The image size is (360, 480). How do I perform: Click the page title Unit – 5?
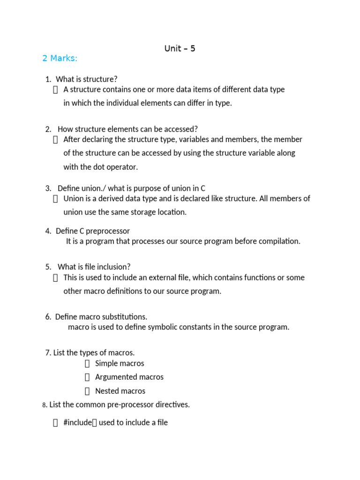click(180, 48)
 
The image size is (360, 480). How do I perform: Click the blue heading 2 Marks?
click(60, 58)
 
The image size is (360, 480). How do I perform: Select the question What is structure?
click(87, 79)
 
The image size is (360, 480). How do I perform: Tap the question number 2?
click(48, 129)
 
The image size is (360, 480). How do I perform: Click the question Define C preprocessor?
click(93, 231)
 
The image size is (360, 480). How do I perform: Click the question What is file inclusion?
click(94, 267)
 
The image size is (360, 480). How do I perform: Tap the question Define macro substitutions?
click(101, 317)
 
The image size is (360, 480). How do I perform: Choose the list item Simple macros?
click(120, 363)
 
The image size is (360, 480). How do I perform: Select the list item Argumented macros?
click(129, 377)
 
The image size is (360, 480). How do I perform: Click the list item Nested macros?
click(120, 391)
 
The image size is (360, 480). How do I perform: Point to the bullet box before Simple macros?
click(87, 364)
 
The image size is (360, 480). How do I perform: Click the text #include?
click(77, 423)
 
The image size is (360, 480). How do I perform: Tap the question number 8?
click(44, 405)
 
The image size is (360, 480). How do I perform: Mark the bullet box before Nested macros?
click(87, 391)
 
